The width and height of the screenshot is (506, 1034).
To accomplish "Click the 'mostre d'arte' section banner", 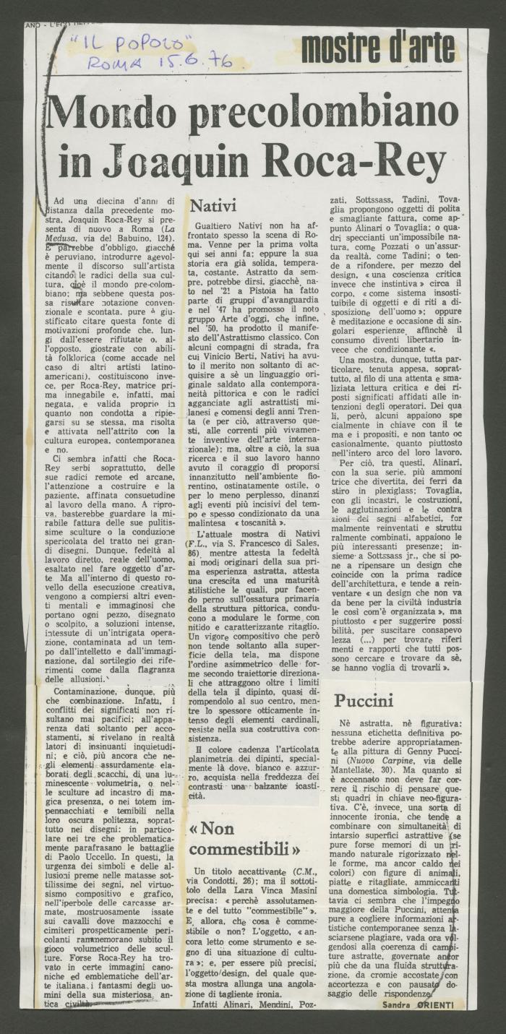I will click(x=379, y=48).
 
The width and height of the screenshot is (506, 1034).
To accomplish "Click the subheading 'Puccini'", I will click(x=363, y=700).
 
